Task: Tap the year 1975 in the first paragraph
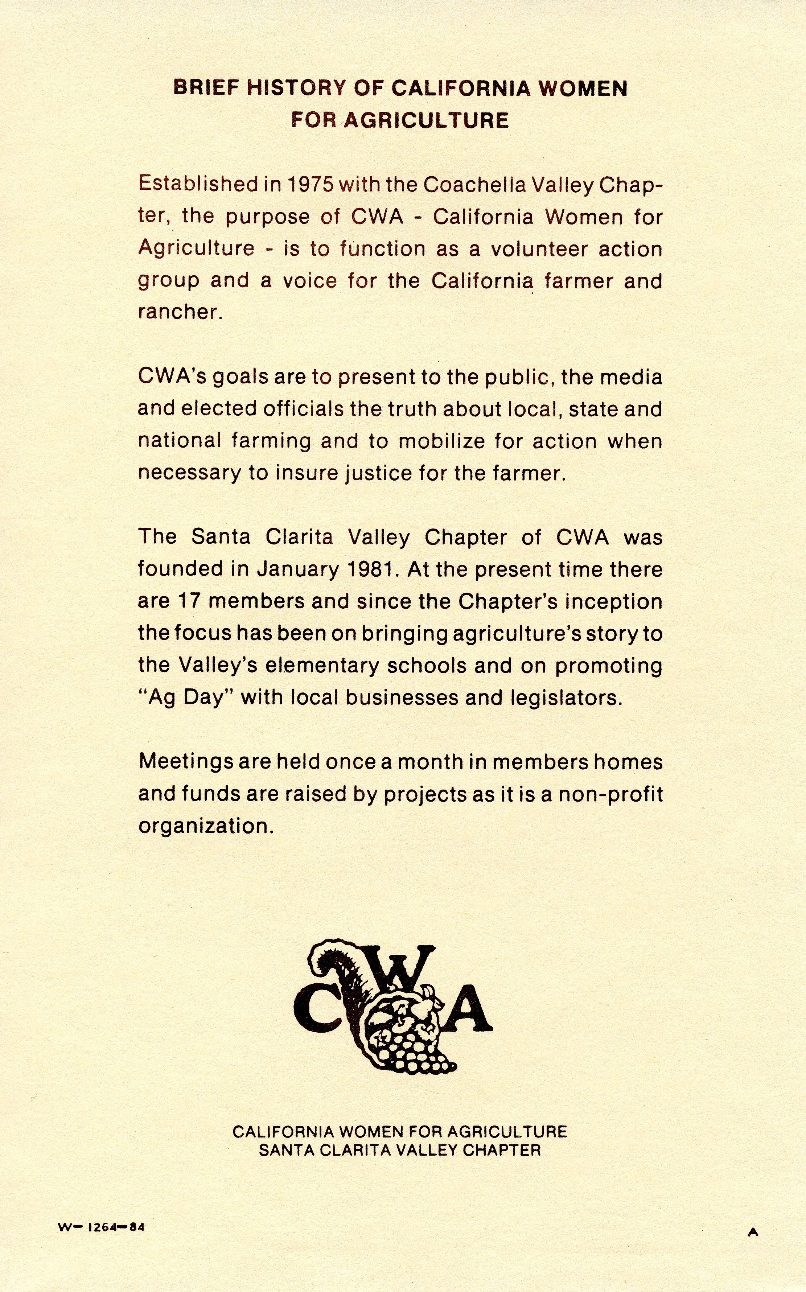coord(310,184)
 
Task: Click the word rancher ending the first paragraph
coord(178,312)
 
